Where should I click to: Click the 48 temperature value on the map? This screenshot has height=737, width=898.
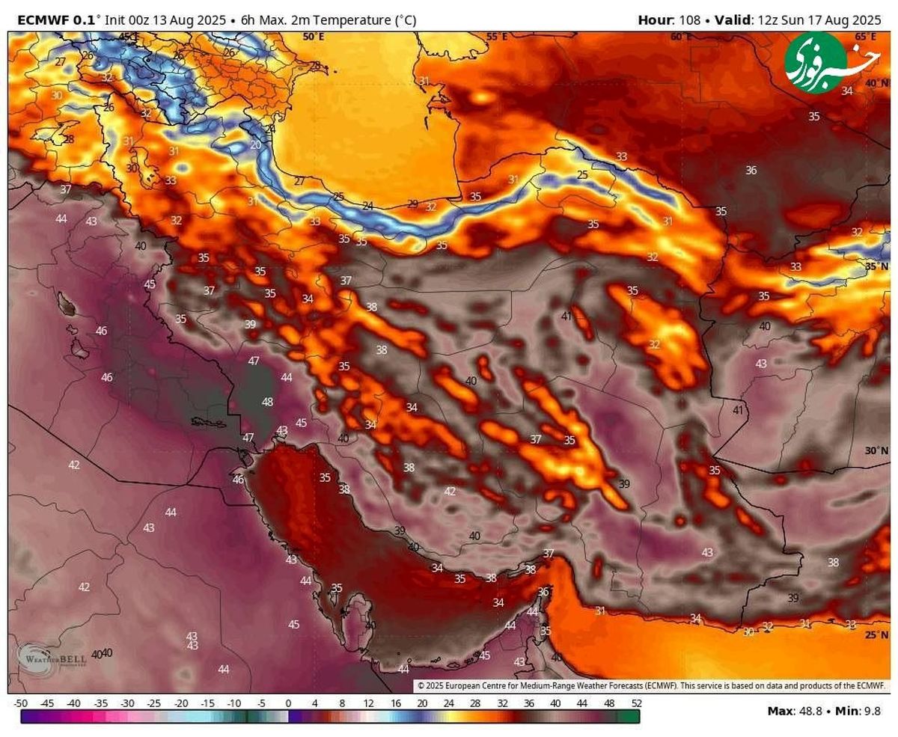click(x=267, y=402)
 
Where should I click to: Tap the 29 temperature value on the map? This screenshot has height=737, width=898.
click(x=412, y=204)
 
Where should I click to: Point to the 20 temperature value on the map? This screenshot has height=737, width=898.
click(x=256, y=145)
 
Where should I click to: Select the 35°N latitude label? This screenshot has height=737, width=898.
click(x=876, y=266)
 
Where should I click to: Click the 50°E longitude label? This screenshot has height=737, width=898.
click(x=314, y=36)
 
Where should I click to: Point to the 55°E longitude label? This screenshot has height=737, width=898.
click(x=497, y=36)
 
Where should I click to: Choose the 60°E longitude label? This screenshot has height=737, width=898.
click(x=681, y=36)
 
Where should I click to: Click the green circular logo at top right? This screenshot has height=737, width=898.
click(x=816, y=62)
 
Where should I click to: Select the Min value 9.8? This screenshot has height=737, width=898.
click(x=873, y=711)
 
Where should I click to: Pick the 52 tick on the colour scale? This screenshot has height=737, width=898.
click(x=636, y=703)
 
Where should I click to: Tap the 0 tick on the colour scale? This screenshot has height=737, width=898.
click(x=288, y=703)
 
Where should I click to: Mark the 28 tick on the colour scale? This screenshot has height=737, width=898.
click(x=475, y=703)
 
